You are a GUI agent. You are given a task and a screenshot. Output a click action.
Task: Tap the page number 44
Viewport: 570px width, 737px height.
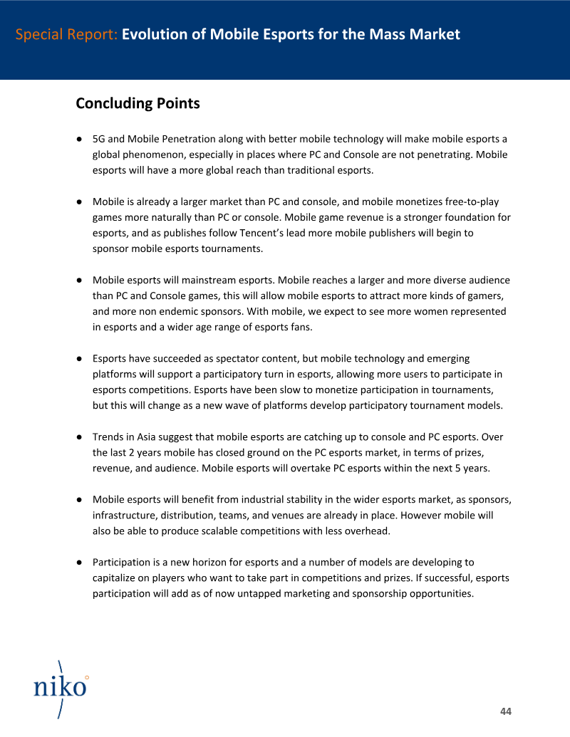[x=506, y=711]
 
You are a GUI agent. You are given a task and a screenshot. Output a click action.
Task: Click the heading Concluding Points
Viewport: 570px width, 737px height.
[x=138, y=103]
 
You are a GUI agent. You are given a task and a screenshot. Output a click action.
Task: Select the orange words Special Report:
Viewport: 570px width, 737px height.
[x=66, y=34]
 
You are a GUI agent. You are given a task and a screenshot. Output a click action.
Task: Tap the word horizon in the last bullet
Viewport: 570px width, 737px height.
[x=223, y=563]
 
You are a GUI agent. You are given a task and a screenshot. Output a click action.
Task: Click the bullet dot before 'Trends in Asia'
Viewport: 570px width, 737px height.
[x=81, y=437]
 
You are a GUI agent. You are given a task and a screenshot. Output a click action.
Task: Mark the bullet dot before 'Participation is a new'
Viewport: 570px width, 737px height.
[x=81, y=563]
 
